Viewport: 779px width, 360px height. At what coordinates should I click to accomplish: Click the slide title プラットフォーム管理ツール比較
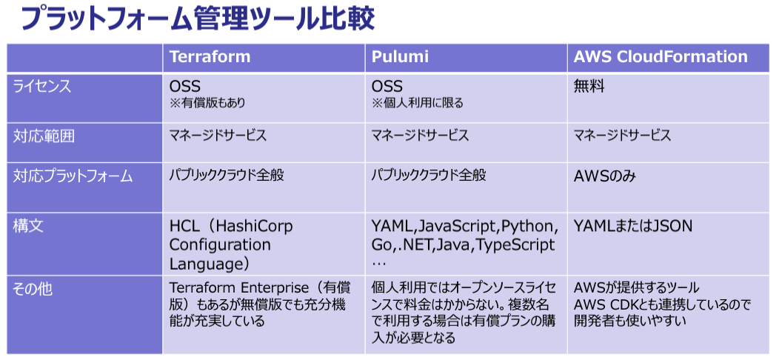coord(198,19)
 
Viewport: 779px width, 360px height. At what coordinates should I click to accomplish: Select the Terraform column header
coord(210,57)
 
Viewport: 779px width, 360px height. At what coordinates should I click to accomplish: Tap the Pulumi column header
coord(399,57)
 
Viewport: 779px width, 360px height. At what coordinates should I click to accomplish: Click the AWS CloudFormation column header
coord(661,57)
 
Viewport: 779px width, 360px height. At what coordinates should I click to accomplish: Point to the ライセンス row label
coord(42,87)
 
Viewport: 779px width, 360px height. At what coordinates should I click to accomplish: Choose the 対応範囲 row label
coord(44,136)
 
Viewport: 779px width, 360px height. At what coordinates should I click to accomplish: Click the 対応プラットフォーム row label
coord(73,176)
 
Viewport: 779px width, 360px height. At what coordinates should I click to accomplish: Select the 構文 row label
coord(28,226)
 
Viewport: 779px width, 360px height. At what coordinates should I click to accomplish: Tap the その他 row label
coord(35,289)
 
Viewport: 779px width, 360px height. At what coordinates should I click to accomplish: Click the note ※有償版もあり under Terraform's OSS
coord(207,104)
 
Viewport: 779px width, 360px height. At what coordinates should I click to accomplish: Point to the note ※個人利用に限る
coord(418,104)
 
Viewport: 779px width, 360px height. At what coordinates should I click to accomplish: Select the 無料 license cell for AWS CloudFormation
coord(589,87)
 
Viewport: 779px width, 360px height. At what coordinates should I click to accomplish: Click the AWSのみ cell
coord(605,176)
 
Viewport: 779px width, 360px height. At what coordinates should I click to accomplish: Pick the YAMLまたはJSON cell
coord(633,226)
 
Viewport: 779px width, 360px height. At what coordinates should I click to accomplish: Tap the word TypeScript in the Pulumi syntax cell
coord(515,244)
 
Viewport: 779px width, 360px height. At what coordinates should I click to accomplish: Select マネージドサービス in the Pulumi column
coord(420,136)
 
